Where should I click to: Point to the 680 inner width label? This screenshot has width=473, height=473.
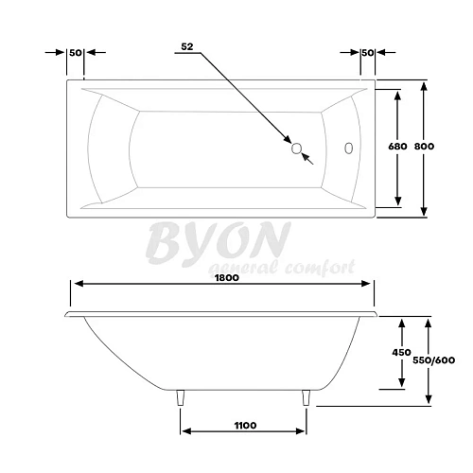pyautogui.click(x=397, y=147)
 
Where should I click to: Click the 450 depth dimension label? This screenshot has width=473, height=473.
pyautogui.click(x=401, y=353)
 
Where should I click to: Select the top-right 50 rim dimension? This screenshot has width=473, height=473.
pyautogui.click(x=368, y=53)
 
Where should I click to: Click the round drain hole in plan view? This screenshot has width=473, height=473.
pyautogui.click(x=296, y=149)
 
